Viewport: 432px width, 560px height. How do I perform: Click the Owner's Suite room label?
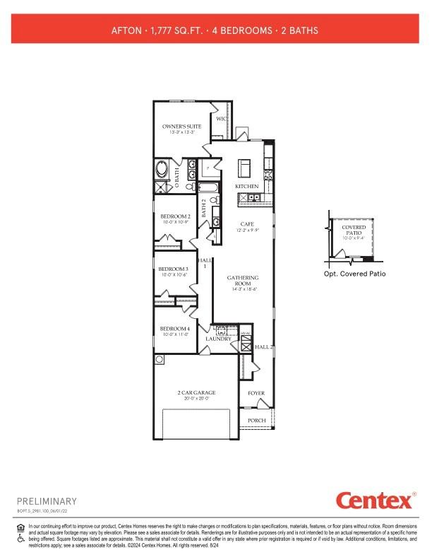pyautogui.click(x=181, y=127)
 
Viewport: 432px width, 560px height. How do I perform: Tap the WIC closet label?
pyautogui.click(x=220, y=119)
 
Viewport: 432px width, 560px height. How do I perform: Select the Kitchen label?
pyautogui.click(x=247, y=186)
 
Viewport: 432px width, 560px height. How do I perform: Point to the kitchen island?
pyautogui.click(x=244, y=168)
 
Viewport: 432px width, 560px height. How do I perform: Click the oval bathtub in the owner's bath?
pyautogui.click(x=162, y=171)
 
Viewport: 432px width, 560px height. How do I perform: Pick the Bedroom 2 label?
pyautogui.click(x=174, y=216)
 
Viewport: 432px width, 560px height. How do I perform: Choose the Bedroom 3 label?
pyautogui.click(x=173, y=269)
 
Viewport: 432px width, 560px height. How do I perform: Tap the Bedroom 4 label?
pyautogui.click(x=174, y=329)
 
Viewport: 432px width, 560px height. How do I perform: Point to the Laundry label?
pyautogui.click(x=218, y=339)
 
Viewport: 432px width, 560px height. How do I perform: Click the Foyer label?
pyautogui.click(x=256, y=393)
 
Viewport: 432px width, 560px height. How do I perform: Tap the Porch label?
pyautogui.click(x=256, y=420)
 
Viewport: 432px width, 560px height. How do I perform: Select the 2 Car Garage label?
pyautogui.click(x=196, y=392)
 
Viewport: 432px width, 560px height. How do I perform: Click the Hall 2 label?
pyautogui.click(x=263, y=347)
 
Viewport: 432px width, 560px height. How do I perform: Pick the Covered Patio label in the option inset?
pyautogui.click(x=354, y=231)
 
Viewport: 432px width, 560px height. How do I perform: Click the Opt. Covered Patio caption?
pyautogui.click(x=355, y=274)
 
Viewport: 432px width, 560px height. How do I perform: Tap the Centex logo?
pyautogui.click(x=374, y=501)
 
